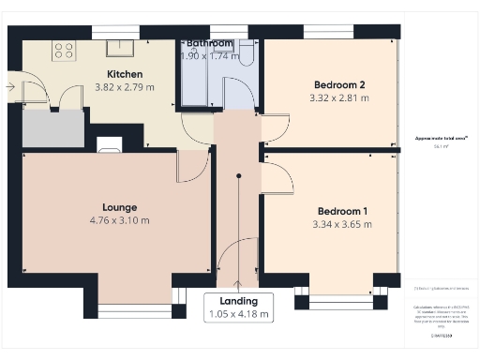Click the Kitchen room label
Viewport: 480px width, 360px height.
[124, 73]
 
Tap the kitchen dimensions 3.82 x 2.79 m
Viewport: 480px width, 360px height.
[124, 87]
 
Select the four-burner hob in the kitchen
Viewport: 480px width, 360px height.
[65, 51]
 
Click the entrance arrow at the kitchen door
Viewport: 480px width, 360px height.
[10, 86]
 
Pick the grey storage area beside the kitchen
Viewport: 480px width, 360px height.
[52, 128]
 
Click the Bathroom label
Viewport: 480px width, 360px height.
[209, 43]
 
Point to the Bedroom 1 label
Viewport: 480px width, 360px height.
[342, 210]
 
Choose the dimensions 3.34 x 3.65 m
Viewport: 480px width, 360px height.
[342, 224]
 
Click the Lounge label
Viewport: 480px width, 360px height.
[120, 207]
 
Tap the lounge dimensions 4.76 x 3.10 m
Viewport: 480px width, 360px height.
[120, 221]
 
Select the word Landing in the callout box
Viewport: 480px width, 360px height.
[238, 300]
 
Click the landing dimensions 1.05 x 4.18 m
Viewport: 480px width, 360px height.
[238, 314]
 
